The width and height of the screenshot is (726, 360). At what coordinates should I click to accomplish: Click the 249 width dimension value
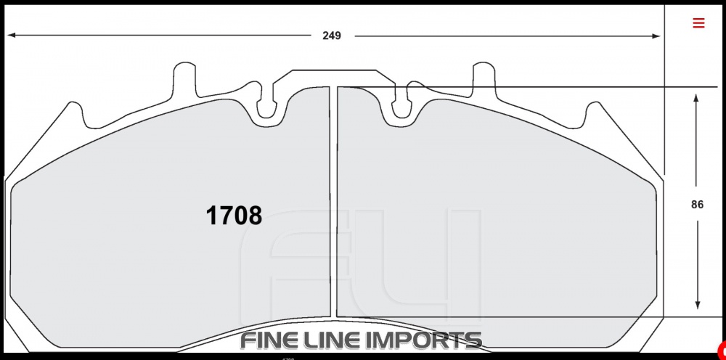[x=332, y=36]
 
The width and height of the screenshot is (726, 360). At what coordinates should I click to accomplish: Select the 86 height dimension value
[x=697, y=205]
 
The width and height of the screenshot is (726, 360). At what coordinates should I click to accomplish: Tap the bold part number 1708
[x=234, y=216]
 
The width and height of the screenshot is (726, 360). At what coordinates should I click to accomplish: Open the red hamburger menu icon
[x=698, y=23]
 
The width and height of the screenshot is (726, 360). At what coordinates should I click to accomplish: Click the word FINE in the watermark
[x=273, y=340]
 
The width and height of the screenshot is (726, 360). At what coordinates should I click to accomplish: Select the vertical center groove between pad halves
[x=333, y=203]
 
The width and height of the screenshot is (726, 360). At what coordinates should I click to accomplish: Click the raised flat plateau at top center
[x=334, y=75]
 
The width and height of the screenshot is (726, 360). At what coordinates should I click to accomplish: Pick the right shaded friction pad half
[x=494, y=218]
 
